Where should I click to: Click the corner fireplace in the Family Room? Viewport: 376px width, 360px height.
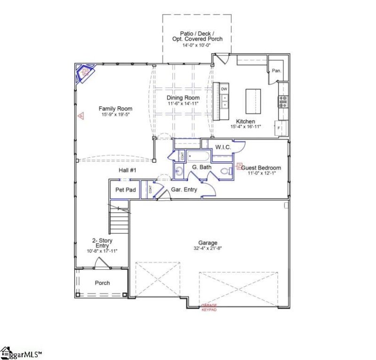(x=85, y=73)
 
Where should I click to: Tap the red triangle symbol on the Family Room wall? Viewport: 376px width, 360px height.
(x=81, y=115)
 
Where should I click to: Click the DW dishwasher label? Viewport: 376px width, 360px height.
(x=224, y=89)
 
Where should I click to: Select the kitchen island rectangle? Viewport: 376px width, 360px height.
(x=252, y=101)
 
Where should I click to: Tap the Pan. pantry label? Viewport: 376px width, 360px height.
(x=277, y=71)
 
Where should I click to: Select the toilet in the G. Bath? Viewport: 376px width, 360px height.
(x=225, y=171)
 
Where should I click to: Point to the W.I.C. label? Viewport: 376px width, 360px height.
(x=223, y=147)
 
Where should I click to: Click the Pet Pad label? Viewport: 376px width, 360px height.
(x=125, y=190)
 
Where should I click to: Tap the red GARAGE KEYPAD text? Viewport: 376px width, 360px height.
(x=208, y=307)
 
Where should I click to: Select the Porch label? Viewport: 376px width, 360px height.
(x=102, y=283)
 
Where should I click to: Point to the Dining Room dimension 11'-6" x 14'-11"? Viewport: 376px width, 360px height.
(x=183, y=103)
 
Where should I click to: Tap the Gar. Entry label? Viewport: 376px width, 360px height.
(x=184, y=190)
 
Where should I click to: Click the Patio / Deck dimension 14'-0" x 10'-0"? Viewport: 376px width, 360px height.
(x=197, y=46)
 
